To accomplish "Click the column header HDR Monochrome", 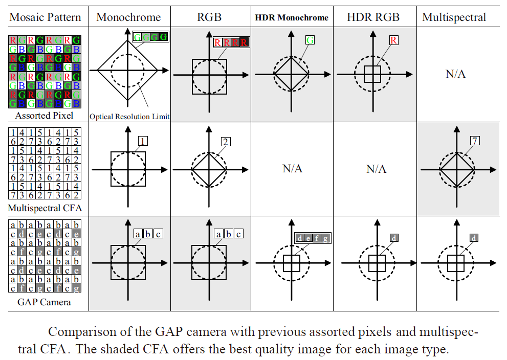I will click(292, 17).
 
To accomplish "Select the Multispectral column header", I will click(454, 17).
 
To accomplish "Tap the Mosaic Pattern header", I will click(46, 17).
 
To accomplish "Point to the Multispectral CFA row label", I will click(45, 208).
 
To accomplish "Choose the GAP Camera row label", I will click(44, 302).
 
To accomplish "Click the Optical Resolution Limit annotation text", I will click(129, 117).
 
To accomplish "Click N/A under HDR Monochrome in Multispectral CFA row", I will click(292, 168).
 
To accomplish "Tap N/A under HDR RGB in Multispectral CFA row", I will click(376, 168).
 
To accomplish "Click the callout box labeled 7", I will click(476, 140).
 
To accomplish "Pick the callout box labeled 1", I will click(143, 141).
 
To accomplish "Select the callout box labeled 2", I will click(226, 142).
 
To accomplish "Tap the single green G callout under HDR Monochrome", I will click(310, 39).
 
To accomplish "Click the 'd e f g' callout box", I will click(312, 238).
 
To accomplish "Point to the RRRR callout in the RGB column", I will click(231, 42).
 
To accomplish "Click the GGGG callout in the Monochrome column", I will click(150, 36).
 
